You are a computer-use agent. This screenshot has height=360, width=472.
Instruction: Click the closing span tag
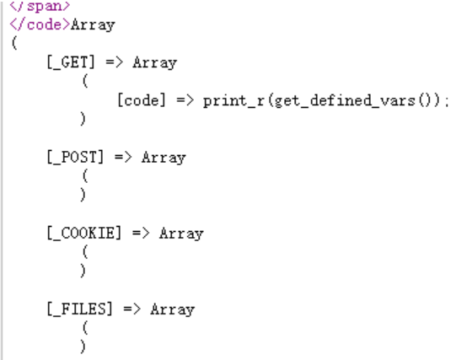[40, 6]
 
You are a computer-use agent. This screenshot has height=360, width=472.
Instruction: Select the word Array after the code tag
[93, 25]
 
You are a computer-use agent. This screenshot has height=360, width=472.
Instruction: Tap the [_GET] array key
[71, 62]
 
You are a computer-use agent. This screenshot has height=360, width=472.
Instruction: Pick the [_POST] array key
[75, 157]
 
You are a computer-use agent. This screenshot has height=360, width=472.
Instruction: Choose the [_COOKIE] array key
[84, 233]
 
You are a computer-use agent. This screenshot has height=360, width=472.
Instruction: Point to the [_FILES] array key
[79, 309]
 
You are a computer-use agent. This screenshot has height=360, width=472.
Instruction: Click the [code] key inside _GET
[142, 100]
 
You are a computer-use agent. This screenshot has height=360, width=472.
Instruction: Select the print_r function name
[233, 101]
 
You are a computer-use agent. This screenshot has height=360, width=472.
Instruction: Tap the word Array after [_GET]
[155, 63]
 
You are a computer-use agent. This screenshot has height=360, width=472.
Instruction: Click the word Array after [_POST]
[164, 158]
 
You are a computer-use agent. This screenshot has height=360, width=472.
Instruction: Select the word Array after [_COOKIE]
[181, 234]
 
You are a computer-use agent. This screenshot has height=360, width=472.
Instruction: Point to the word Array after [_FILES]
[173, 309]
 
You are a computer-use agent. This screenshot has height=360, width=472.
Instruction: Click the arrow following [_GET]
[115, 62]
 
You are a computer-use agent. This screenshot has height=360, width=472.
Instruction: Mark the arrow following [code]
[185, 100]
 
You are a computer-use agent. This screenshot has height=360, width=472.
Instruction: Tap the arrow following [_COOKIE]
[141, 233]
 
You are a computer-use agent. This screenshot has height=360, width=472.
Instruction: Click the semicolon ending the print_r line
[446, 102]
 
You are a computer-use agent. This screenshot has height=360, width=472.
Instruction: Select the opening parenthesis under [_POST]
[85, 176]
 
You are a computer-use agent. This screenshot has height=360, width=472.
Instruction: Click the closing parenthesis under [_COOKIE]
[83, 271]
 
